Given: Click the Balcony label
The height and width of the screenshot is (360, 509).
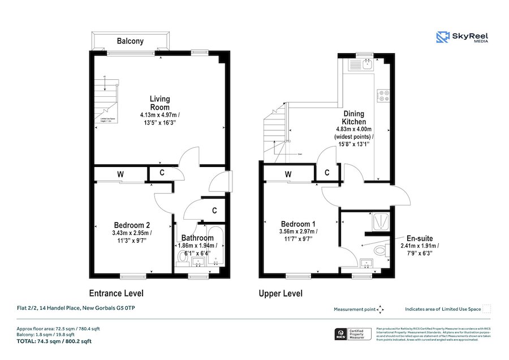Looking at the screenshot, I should pyautogui.click(x=130, y=41).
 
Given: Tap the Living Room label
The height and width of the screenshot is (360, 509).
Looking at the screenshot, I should pyautogui.click(x=160, y=103).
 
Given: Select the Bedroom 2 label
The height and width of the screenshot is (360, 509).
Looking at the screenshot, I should pyautogui.click(x=131, y=225).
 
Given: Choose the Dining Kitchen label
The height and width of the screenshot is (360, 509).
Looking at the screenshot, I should pyautogui.click(x=354, y=117).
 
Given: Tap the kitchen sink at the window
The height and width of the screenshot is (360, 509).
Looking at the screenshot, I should pyautogui.click(x=365, y=65).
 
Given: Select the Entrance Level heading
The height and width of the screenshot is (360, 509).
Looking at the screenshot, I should pyautogui.click(x=116, y=293).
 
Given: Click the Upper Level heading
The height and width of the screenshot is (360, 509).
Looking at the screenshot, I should pyautogui.click(x=280, y=293).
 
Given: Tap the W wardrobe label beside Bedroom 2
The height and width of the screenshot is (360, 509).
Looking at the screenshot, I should pyautogui.click(x=120, y=174).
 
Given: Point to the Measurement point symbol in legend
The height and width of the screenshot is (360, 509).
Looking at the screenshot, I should pyautogui.click(x=380, y=309).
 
